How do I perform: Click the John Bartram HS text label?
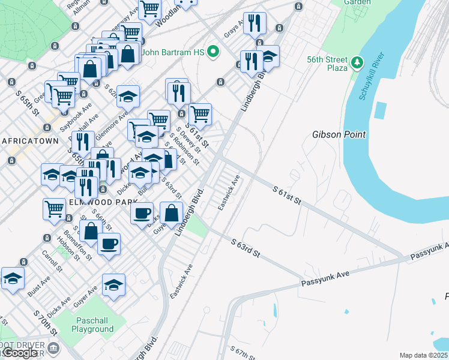tap(174, 53)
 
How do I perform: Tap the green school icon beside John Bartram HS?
tap(212, 53)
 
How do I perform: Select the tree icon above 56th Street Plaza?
tap(357, 62)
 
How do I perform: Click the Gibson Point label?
tap(339, 134)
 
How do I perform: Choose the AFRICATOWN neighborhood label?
tap(30, 141)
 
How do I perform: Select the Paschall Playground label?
tap(92, 325)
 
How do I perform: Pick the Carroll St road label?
tap(52, 262)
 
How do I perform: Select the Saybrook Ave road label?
tap(79, 112)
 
